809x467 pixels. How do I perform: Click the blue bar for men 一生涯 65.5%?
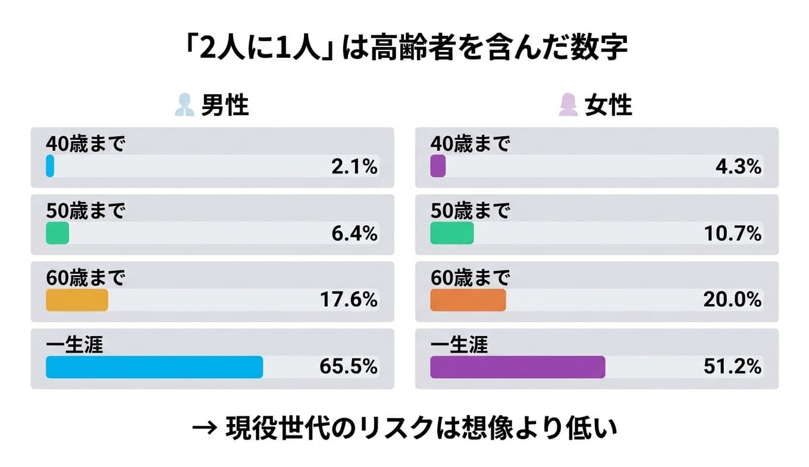pyautogui.click(x=154, y=367)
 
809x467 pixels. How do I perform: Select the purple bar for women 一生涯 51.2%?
pyautogui.click(x=517, y=367)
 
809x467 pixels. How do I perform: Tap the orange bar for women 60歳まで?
pyautogui.click(x=468, y=300)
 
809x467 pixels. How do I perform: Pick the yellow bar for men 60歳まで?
pyautogui.click(x=77, y=300)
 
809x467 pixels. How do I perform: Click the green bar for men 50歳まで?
pyautogui.click(x=57, y=233)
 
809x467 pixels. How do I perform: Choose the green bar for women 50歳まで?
pyautogui.click(x=451, y=233)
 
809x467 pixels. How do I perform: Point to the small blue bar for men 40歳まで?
pyautogui.click(x=50, y=166)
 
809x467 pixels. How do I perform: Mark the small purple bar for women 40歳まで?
pyautogui.click(x=437, y=166)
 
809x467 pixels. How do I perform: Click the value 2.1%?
pyautogui.click(x=354, y=167)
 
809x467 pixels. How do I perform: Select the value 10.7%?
pyautogui.click(x=733, y=234)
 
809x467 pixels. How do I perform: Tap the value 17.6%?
pyautogui.click(x=349, y=301)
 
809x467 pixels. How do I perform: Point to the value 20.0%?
pyautogui.click(x=732, y=301)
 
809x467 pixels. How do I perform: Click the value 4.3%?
pyautogui.click(x=738, y=167)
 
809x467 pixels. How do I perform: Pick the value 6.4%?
pyautogui.click(x=354, y=234)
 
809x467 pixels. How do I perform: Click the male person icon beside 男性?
pyautogui.click(x=185, y=106)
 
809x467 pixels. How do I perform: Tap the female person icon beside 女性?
pyautogui.click(x=569, y=106)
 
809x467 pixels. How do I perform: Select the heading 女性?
pyautogui.click(x=608, y=106)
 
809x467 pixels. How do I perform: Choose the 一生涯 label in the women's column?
pyautogui.click(x=459, y=344)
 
